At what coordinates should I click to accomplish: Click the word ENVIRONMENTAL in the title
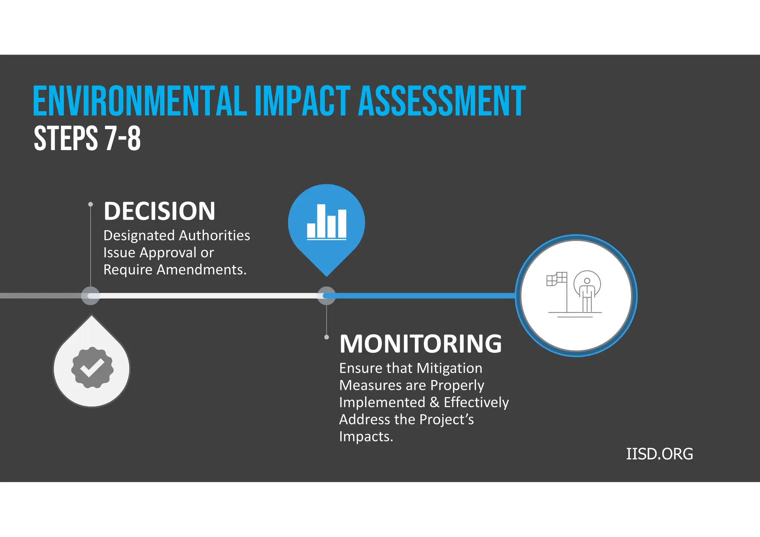coord(140,101)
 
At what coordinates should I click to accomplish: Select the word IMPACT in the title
coord(302,101)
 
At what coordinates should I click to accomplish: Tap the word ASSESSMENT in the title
coord(442,101)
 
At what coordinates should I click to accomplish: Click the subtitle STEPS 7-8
coord(87,138)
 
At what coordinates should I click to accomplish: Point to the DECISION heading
coord(159,211)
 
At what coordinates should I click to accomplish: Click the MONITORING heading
coord(420,343)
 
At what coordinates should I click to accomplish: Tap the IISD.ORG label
coord(659,454)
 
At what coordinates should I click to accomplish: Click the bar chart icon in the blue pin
coord(327,222)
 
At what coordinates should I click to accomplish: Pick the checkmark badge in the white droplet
coord(92,368)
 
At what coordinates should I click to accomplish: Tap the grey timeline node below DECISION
coord(90,296)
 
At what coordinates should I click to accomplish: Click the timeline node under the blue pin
coord(327,296)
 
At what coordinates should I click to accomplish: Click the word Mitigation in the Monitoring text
coord(449,368)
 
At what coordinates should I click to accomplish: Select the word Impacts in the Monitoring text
coord(366,436)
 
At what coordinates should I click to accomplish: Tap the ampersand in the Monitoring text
coord(435,402)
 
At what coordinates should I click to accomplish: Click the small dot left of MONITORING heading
coord(327,337)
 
